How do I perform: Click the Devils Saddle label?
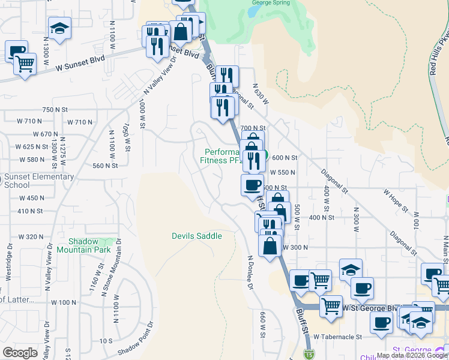pyautogui.click(x=196, y=236)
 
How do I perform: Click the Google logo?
pyautogui.click(x=20, y=353)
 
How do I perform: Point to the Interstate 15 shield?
pyautogui.click(x=308, y=354)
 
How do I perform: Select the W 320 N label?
pyautogui.click(x=31, y=236)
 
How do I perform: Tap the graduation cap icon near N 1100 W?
pyautogui.click(x=59, y=28)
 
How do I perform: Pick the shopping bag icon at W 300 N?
pyautogui.click(x=270, y=245)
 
